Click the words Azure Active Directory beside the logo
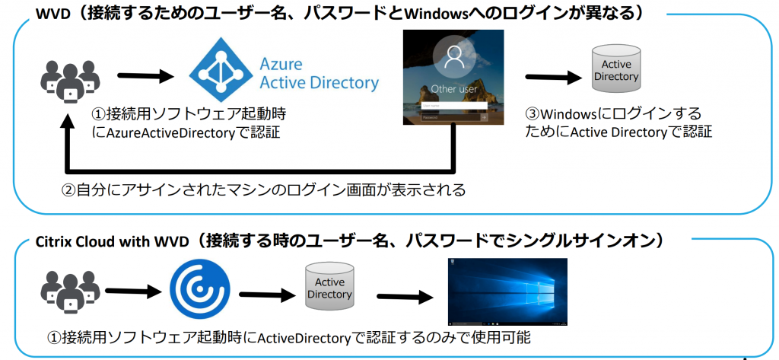pos(319,74)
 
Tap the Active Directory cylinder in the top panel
pos(615,70)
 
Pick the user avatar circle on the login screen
pos(453,59)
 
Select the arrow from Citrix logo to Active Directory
pos(265,294)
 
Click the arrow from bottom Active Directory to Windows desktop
pos(403,295)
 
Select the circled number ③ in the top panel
pos(532,114)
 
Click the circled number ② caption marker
pos(68,189)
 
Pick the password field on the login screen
pos(449,118)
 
